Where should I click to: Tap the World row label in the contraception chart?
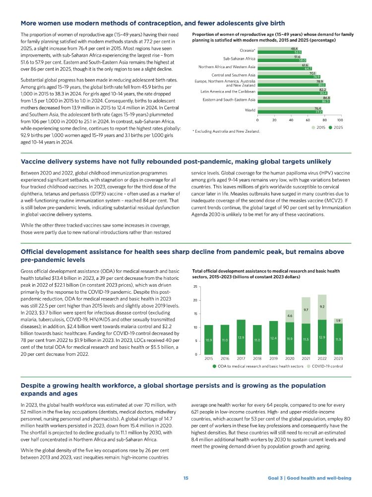click(x=250, y=111)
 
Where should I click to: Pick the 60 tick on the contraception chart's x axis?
click(x=307, y=120)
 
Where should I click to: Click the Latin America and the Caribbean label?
click(x=228, y=91)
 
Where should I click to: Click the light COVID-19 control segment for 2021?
click(x=306, y=310)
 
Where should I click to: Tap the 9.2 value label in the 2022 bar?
click(x=322, y=307)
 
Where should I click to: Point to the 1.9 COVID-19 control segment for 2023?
click(x=338, y=321)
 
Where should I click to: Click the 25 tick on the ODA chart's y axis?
click(x=195, y=287)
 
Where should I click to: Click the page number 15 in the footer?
click(x=186, y=478)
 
